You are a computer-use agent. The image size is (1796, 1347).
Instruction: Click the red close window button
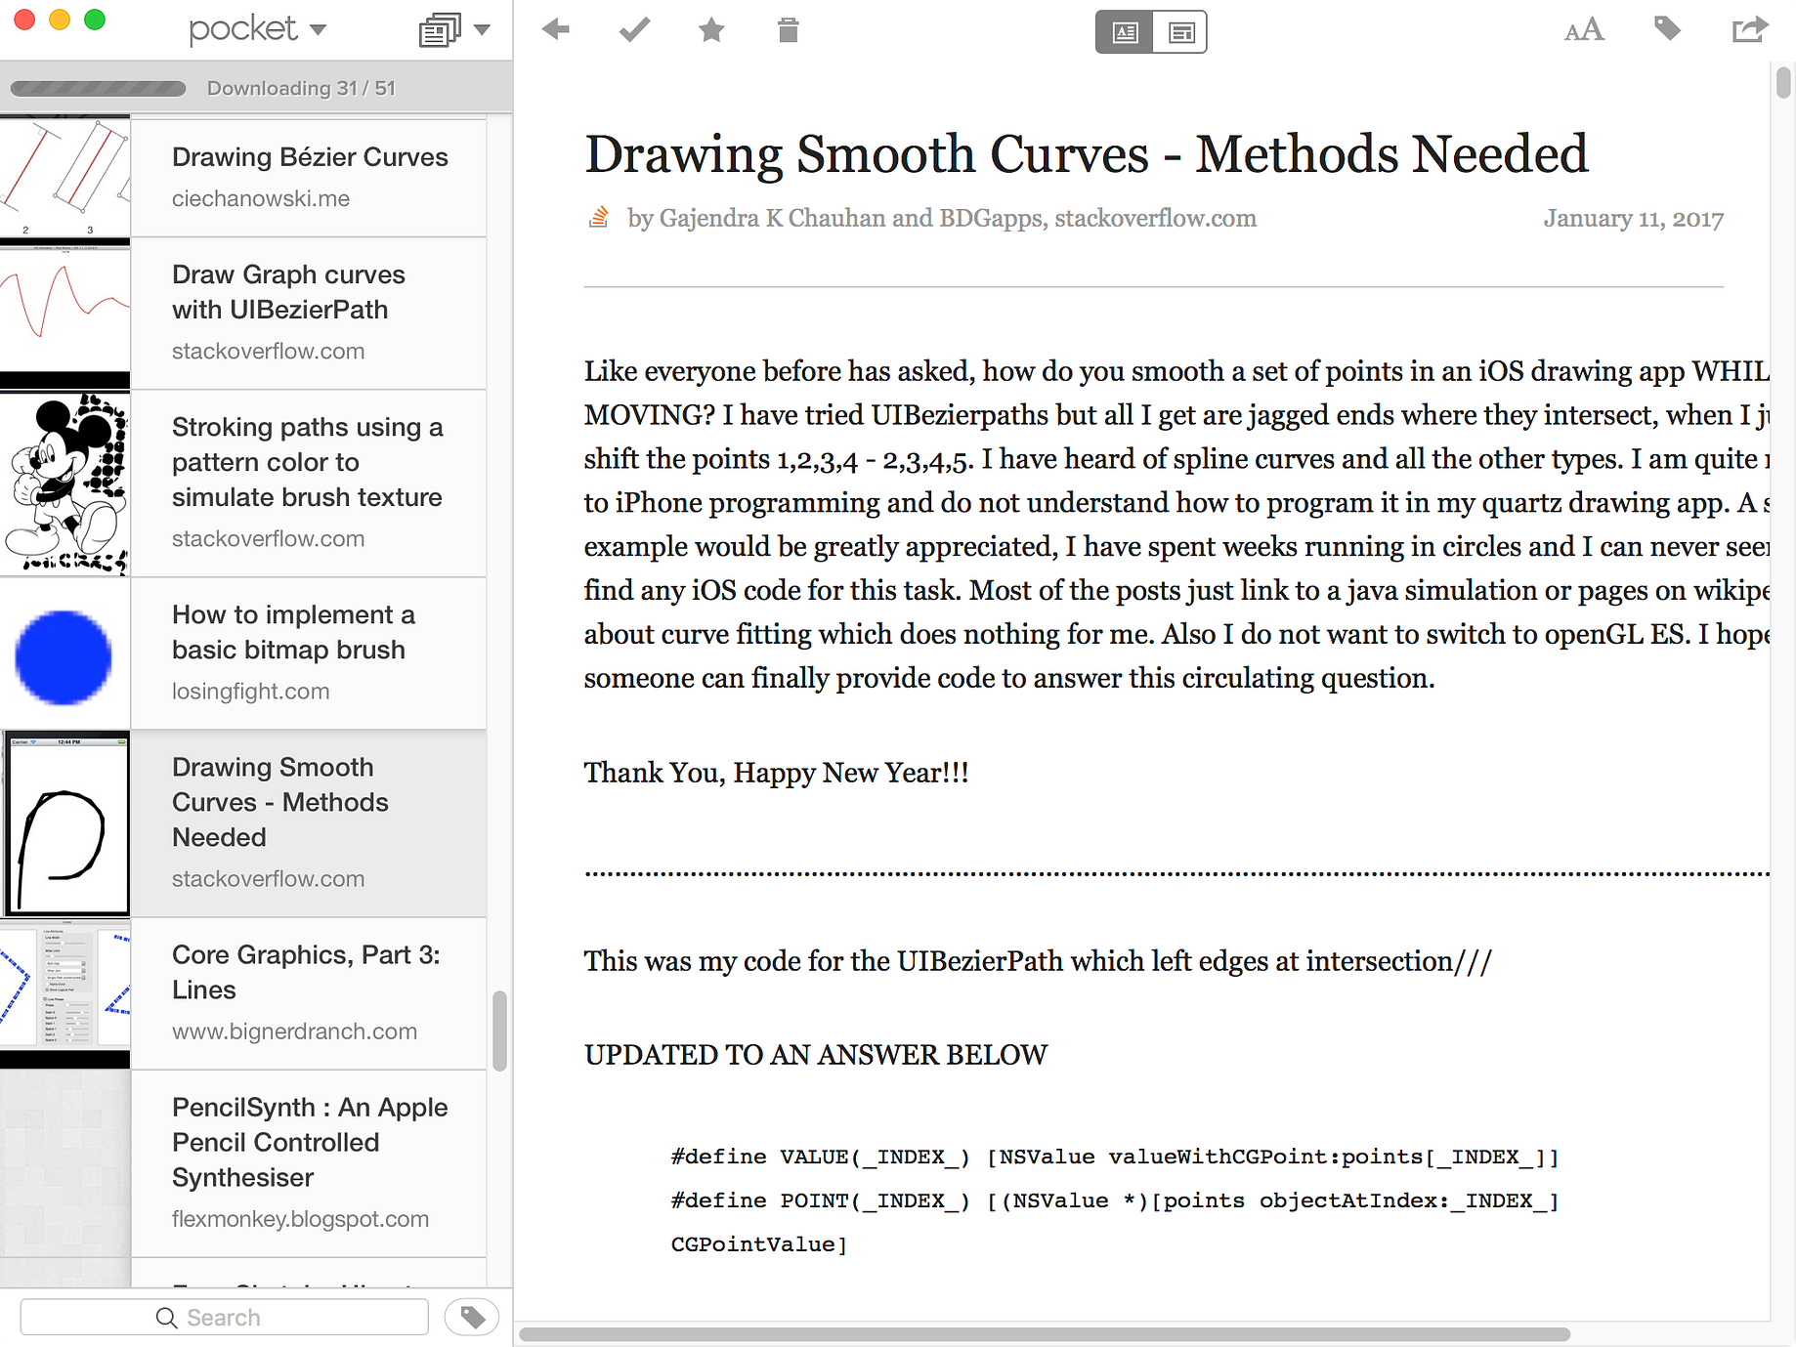tap(24, 20)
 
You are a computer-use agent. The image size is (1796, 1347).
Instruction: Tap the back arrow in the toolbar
tap(556, 30)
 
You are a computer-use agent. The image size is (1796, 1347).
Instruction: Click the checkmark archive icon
tap(634, 30)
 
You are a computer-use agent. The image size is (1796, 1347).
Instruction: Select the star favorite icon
tap(711, 30)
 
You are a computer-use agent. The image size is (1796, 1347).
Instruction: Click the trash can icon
tap(788, 30)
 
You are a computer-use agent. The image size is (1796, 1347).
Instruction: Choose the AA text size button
tap(1583, 30)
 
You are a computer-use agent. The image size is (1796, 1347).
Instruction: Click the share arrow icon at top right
tap(1749, 30)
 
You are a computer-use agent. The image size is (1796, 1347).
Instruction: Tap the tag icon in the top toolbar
tap(1667, 29)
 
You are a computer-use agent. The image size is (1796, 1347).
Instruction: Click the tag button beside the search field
tap(472, 1317)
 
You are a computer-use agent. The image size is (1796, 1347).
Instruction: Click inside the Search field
tap(225, 1318)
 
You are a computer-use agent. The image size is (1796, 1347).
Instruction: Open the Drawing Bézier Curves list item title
tap(310, 157)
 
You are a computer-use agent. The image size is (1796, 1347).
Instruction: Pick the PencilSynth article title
tap(309, 1142)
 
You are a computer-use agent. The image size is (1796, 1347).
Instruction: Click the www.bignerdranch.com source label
tap(294, 1031)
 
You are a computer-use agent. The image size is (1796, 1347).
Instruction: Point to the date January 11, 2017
tap(1633, 219)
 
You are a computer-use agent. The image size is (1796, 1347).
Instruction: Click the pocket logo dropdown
tap(257, 29)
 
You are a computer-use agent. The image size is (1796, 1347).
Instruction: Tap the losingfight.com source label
tap(250, 692)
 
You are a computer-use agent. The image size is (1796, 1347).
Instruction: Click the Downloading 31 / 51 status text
tap(301, 89)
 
